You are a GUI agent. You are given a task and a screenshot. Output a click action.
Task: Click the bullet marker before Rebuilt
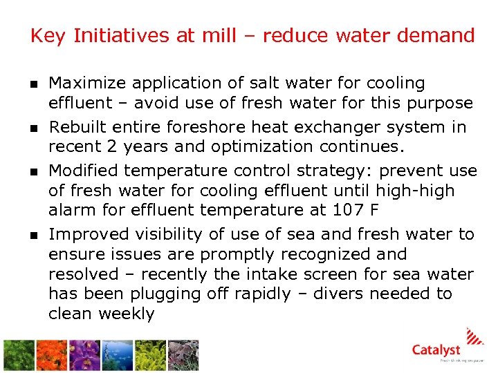pyautogui.click(x=34, y=128)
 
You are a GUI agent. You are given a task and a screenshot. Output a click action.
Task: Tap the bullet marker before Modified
pyautogui.click(x=34, y=171)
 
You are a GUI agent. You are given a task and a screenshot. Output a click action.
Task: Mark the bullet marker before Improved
pyautogui.click(x=34, y=236)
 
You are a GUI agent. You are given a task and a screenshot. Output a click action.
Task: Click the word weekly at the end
pyautogui.click(x=127, y=314)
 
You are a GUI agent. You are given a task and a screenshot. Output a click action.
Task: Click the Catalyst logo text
pyautogui.click(x=436, y=350)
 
